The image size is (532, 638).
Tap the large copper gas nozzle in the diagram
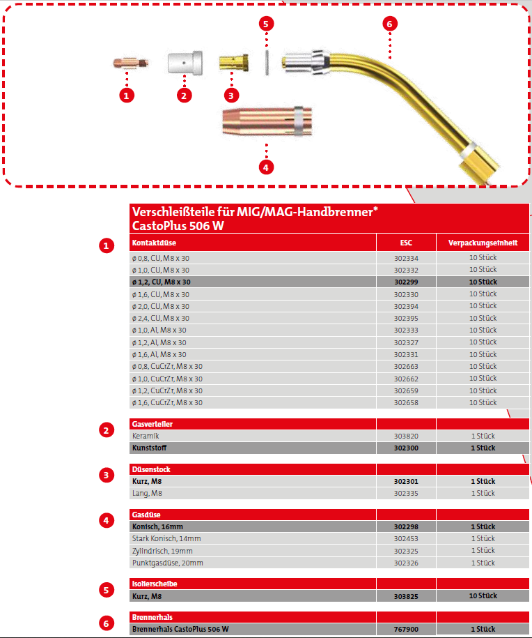click(x=266, y=122)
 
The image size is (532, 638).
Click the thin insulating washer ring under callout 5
click(x=267, y=62)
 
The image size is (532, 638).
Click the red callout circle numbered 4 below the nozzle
click(x=266, y=167)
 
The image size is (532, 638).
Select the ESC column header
click(x=406, y=243)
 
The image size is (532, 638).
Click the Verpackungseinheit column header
click(x=483, y=243)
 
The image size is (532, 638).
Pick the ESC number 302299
click(x=406, y=282)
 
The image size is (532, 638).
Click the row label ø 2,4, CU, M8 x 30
click(x=160, y=318)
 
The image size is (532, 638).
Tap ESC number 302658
click(x=406, y=403)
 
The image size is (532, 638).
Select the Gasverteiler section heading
click(x=152, y=424)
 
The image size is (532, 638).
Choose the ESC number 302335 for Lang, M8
click(x=406, y=493)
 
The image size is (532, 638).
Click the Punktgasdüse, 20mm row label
click(x=167, y=563)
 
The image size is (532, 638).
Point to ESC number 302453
click(x=406, y=539)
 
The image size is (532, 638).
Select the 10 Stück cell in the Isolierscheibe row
click(x=483, y=596)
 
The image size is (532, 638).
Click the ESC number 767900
click(x=406, y=629)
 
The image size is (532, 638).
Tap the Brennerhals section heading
click(x=152, y=617)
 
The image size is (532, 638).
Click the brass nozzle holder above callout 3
click(x=232, y=63)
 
